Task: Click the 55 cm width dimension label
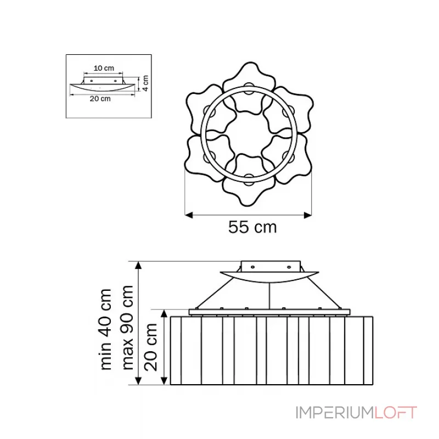coord(252,227)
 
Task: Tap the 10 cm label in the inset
coord(104,68)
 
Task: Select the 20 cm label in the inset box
coord(100,99)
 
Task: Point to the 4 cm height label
coord(145,83)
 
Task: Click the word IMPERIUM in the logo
coord(335,413)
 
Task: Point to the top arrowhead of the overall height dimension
coord(139,265)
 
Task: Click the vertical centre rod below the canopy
coord(269,296)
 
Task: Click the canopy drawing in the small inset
coord(102,87)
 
